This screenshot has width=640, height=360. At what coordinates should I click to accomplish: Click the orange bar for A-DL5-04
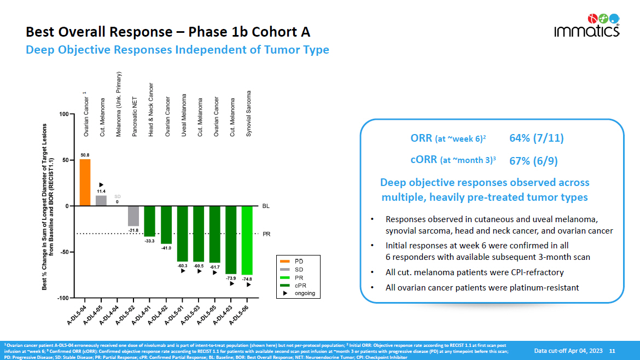click(x=85, y=182)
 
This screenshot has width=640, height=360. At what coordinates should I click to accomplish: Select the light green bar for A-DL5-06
click(x=247, y=240)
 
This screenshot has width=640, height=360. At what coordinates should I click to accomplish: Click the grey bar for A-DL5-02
click(x=133, y=216)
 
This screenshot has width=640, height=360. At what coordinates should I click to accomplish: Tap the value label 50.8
click(x=85, y=155)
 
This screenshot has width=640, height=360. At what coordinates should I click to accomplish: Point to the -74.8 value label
click(x=247, y=278)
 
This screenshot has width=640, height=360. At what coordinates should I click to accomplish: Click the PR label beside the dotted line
click(x=266, y=234)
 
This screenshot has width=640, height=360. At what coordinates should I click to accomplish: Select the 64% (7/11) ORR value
click(x=536, y=138)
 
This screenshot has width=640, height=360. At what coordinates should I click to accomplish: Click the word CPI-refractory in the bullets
click(x=536, y=272)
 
